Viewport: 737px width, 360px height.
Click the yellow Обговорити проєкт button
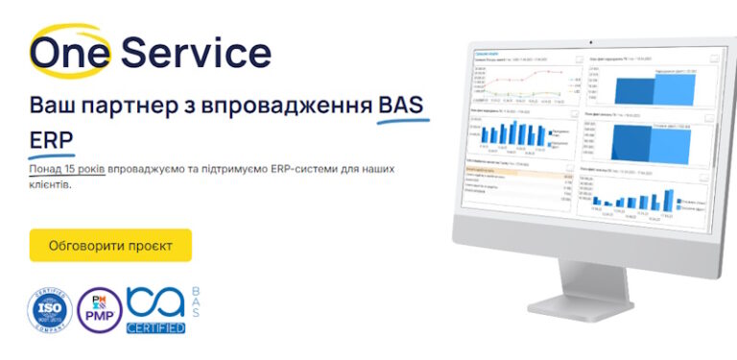pos(110,246)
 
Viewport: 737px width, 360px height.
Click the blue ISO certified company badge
pos(50,310)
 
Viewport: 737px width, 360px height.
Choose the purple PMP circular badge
pos(100,310)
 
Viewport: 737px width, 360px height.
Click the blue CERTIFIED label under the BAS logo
pos(155,327)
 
